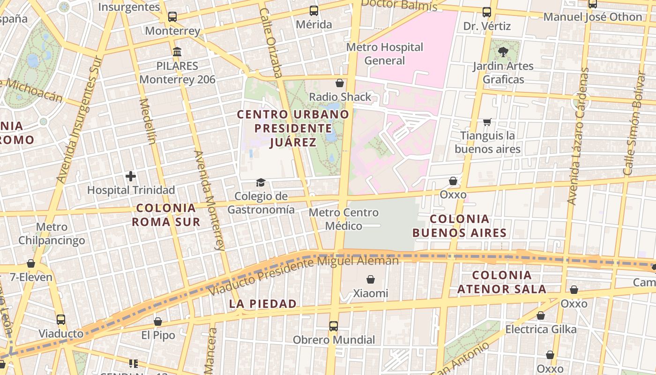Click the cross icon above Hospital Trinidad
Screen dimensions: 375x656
click(131, 176)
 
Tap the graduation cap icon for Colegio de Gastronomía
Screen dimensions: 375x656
click(261, 182)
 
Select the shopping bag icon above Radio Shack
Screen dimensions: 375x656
click(340, 83)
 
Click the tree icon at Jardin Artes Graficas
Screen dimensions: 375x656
click(503, 52)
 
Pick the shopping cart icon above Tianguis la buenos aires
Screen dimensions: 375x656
click(487, 122)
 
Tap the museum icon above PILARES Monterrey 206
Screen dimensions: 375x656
click(177, 52)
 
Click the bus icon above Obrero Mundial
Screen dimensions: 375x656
click(333, 326)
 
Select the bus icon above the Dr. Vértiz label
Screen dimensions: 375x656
click(487, 12)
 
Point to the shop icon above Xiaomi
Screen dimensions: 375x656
click(371, 279)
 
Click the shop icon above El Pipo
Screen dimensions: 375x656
click(158, 322)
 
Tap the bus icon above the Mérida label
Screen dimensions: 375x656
click(314, 10)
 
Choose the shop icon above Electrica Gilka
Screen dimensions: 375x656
click(541, 315)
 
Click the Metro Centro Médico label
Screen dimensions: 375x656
click(343, 219)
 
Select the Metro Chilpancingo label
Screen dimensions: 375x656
click(52, 233)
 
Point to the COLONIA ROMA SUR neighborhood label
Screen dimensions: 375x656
click(166, 215)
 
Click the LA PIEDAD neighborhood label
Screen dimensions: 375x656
click(263, 304)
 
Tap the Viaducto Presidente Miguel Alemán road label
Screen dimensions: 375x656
click(303, 276)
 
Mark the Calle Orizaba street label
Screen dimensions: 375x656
click(271, 42)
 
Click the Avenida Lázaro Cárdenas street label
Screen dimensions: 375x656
click(578, 136)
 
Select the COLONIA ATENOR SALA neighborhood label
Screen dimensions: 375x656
click(502, 282)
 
